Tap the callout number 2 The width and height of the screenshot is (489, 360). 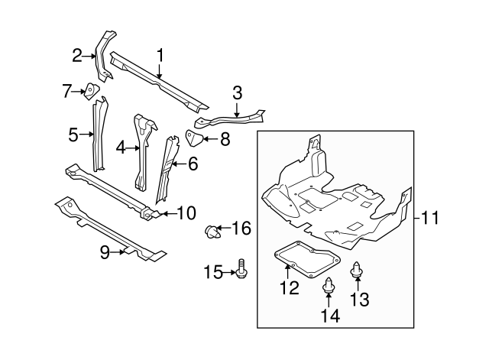(76, 54)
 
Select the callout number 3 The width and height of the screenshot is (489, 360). (237, 93)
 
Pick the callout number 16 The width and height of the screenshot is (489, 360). (241, 228)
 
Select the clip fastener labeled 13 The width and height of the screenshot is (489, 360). (356, 270)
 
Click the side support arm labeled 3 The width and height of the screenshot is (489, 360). (229, 119)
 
